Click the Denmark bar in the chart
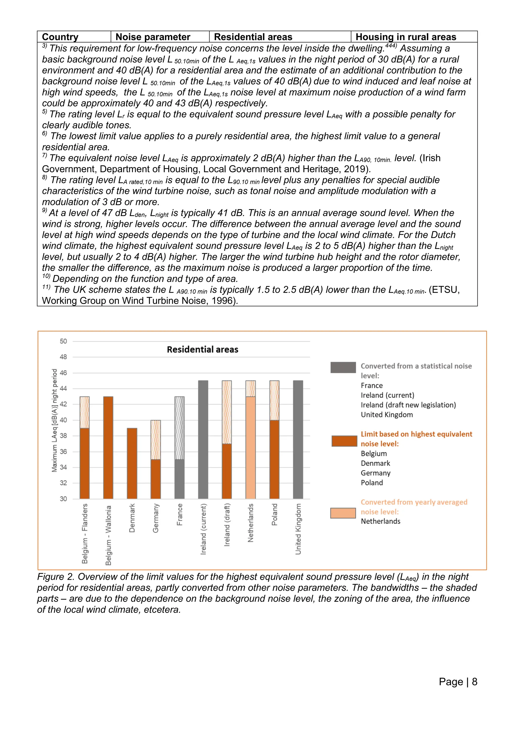[x=132, y=463]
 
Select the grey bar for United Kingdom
[x=298, y=439]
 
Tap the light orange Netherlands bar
[x=250, y=447]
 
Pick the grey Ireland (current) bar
[x=203, y=439]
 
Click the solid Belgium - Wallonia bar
[x=108, y=447]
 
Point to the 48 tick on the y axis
[x=63, y=357]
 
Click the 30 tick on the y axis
[x=63, y=499]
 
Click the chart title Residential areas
[x=202, y=349]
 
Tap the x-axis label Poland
[x=274, y=514]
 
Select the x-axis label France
[x=179, y=514]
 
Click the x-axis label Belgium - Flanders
[x=85, y=533]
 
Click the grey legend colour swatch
[x=343, y=367]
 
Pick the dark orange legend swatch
[x=344, y=441]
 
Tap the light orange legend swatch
[x=343, y=513]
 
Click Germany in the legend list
[x=375, y=473]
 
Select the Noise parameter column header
[x=153, y=37]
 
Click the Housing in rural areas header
[x=406, y=37]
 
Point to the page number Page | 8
[x=458, y=681]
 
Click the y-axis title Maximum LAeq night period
[x=55, y=420]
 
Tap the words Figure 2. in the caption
[x=56, y=576]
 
